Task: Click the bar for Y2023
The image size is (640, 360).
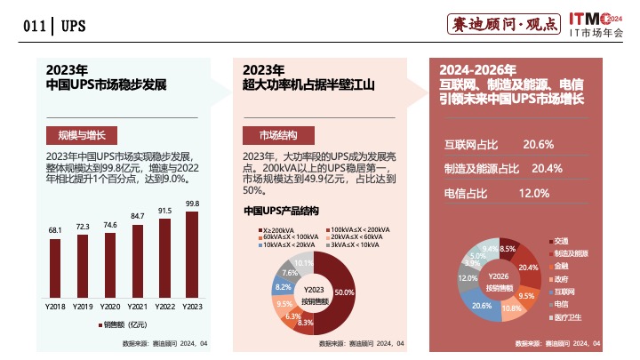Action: click(192, 255)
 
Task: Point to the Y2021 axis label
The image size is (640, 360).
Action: click(137, 307)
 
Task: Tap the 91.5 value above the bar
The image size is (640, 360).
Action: click(164, 211)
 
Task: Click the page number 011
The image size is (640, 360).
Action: click(35, 26)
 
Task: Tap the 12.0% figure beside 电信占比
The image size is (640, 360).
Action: click(534, 193)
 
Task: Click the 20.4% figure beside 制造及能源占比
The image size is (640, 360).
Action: click(547, 168)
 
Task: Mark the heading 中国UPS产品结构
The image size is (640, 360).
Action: click(281, 212)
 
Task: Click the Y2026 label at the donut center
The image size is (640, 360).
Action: click(498, 276)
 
